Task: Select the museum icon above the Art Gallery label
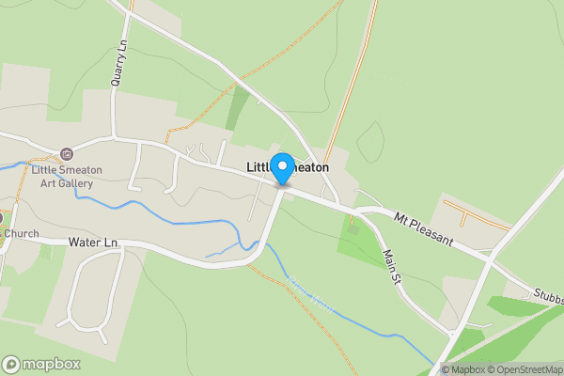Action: (x=66, y=154)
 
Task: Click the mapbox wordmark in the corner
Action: (x=52, y=364)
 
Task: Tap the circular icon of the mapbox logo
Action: (x=11, y=364)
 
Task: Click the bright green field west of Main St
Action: (x=362, y=243)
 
